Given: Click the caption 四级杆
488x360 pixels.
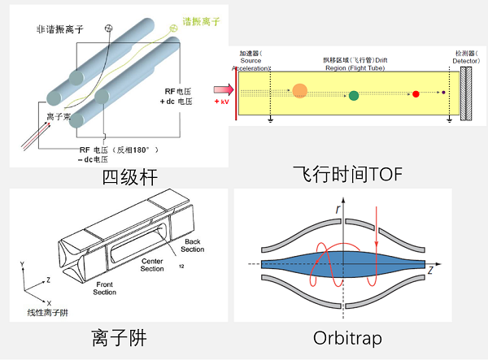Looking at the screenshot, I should [x=130, y=178].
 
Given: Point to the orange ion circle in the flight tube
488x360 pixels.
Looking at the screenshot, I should [x=299, y=91].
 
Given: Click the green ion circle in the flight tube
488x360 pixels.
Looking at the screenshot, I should [x=353, y=96].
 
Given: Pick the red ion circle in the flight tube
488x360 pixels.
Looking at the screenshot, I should [x=415, y=94].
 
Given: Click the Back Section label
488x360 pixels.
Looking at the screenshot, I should [x=192, y=245].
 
